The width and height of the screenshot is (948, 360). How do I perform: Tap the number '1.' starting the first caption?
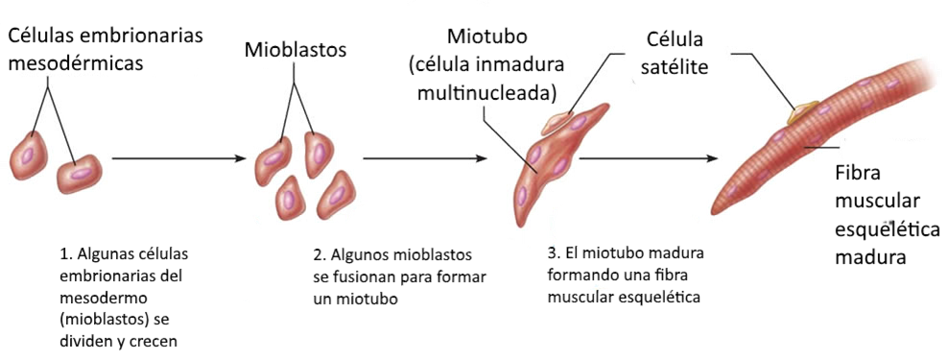point(66,255)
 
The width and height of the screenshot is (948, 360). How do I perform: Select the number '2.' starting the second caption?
point(320,255)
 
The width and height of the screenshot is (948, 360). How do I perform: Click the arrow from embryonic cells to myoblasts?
point(178,158)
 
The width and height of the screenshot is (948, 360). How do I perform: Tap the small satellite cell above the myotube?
point(557,122)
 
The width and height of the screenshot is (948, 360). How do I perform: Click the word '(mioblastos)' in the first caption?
point(100,319)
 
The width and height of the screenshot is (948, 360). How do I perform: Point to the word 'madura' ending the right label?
point(870,257)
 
